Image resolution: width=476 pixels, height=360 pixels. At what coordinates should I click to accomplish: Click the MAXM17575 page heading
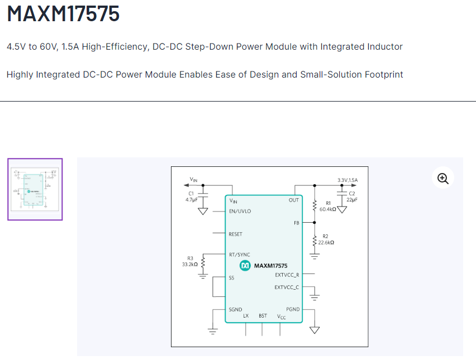point(63,14)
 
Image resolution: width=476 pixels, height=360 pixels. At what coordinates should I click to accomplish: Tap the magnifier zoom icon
point(443,179)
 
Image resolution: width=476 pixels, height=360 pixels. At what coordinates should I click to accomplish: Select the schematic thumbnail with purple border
point(35,189)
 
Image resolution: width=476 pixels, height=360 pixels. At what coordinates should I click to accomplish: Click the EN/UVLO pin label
point(240,212)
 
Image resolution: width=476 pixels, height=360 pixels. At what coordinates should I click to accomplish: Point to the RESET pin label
point(235,234)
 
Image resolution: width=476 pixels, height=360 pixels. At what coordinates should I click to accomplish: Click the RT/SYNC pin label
point(240,255)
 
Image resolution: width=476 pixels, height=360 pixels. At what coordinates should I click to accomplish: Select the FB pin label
point(296,223)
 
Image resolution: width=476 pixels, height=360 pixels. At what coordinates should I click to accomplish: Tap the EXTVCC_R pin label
point(287,275)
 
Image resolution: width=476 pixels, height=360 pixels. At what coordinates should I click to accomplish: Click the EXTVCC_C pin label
point(287,287)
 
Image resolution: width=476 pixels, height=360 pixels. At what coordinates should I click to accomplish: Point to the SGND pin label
point(235,309)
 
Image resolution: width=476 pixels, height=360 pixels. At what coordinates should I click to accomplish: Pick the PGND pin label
point(293,309)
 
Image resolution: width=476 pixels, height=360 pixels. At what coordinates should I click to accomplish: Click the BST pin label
point(263,316)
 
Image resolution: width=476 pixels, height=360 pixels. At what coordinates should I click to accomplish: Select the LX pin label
point(246,316)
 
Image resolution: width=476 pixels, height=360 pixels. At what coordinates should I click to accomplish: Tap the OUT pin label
point(294,200)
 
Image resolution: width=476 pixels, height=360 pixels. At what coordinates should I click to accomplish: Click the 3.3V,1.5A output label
point(348,180)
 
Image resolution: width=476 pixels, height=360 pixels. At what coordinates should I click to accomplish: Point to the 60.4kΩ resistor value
point(328,209)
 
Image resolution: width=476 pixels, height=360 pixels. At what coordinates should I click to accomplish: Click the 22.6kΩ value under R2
point(326,243)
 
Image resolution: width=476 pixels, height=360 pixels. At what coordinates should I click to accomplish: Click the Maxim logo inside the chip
point(245,266)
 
